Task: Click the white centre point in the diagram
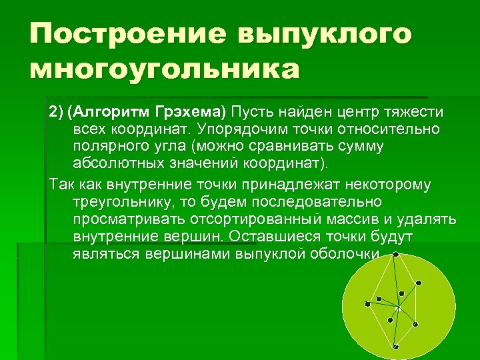pos(398,308)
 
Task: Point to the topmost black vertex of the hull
pos(396,254)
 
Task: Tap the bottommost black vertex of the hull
pos(397,347)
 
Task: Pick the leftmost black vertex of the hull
pos(367,304)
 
